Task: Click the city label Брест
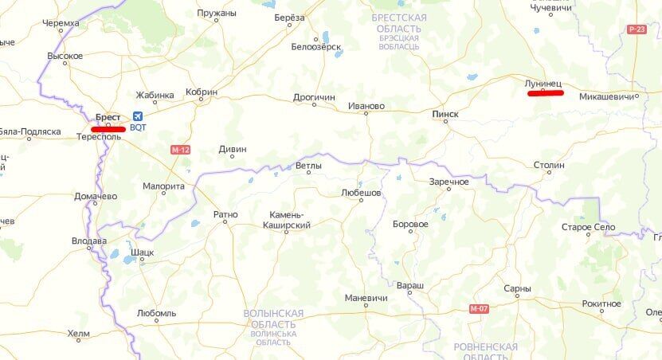click(108, 117)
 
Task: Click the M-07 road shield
click(479, 308)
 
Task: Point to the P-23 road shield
click(637, 29)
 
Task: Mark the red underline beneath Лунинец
click(546, 93)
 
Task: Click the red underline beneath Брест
click(108, 128)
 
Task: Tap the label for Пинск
click(445, 114)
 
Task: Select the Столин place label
click(549, 165)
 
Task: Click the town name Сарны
click(517, 288)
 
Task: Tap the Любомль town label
click(156, 313)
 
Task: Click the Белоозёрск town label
click(316, 46)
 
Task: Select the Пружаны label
click(217, 14)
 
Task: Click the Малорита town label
click(163, 186)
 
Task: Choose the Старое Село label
click(588, 227)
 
